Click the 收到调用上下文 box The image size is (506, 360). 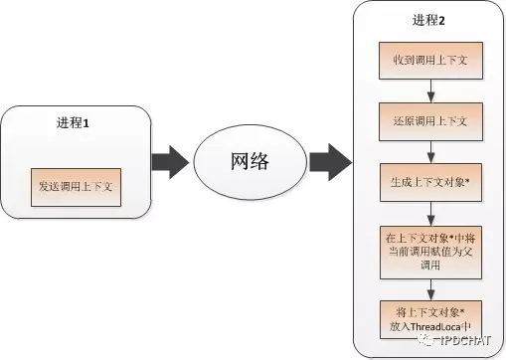pyautogui.click(x=428, y=63)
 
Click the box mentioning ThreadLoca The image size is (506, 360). pyautogui.click(x=428, y=316)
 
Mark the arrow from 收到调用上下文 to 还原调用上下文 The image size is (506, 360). pyautogui.click(x=428, y=92)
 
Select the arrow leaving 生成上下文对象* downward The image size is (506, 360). pyautogui.click(x=428, y=214)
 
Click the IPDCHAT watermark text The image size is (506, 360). pyautogui.click(x=464, y=339)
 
